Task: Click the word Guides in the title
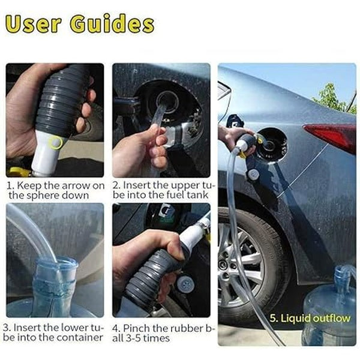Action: [112, 24]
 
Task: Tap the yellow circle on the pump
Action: [56, 143]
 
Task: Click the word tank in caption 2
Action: [198, 196]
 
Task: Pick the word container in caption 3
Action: [83, 338]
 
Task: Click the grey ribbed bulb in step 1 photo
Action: [60, 96]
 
